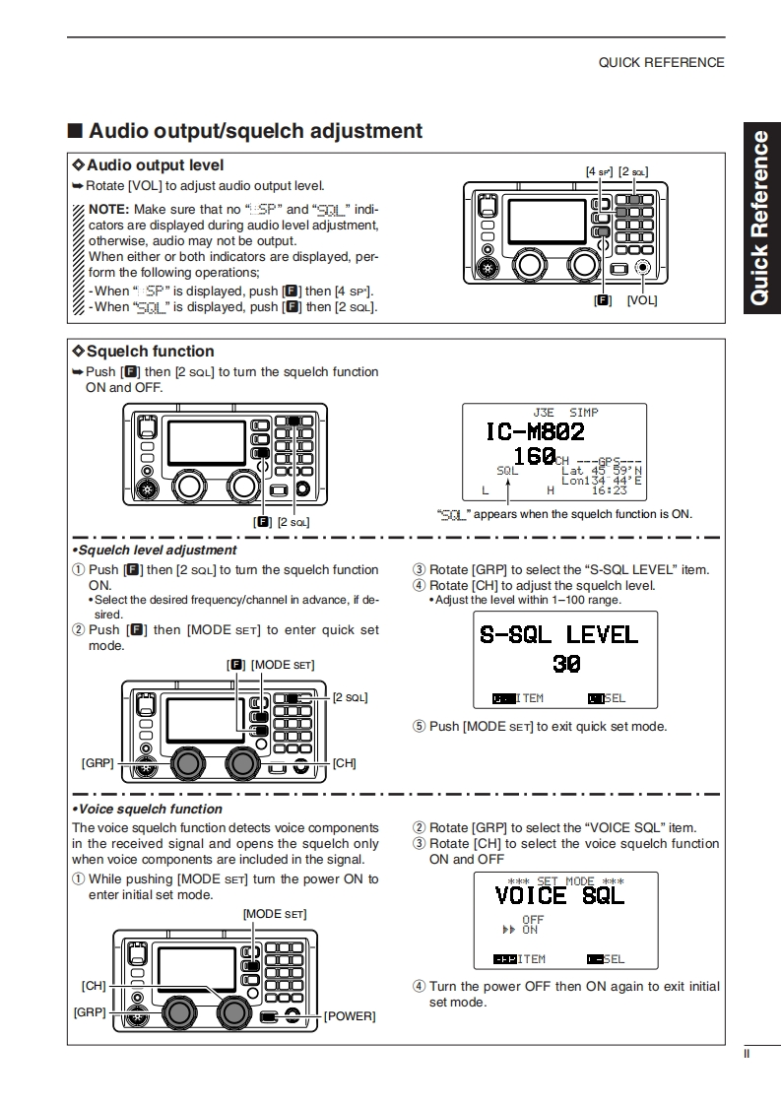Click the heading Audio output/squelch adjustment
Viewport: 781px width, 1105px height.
click(x=255, y=131)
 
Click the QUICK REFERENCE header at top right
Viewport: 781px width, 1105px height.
click(x=661, y=62)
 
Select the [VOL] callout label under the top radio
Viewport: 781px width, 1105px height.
click(x=641, y=299)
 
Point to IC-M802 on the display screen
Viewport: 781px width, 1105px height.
click(x=535, y=431)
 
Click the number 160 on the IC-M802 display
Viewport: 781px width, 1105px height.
click(x=534, y=456)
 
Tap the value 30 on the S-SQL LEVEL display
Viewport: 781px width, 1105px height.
click(x=566, y=664)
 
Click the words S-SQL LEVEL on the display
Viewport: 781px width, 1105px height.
click(x=558, y=634)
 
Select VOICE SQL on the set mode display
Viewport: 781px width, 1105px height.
click(x=559, y=895)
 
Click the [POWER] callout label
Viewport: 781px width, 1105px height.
click(x=350, y=1015)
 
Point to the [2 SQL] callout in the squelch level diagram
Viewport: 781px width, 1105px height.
click(x=350, y=697)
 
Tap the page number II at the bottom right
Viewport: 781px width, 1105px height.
click(x=747, y=1054)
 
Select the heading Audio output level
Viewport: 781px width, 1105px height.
click(x=156, y=165)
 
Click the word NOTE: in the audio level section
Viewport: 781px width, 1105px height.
click(x=109, y=209)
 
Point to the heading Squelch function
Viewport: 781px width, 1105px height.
click(x=150, y=351)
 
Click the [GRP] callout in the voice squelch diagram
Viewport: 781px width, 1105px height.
click(x=89, y=1011)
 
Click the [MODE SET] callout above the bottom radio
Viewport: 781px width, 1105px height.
click(x=274, y=914)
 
